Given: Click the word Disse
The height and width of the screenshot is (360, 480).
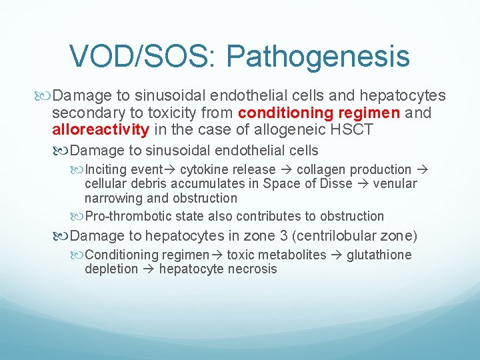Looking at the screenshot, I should click(x=334, y=183).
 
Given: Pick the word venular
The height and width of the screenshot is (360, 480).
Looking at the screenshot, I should click(x=395, y=183).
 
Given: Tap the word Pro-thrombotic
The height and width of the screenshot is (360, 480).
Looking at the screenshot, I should click(x=127, y=216).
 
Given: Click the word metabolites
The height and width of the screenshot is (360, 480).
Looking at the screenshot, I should click(x=294, y=255).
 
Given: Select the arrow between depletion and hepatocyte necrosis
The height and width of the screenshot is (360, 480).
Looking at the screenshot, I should click(x=148, y=269).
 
